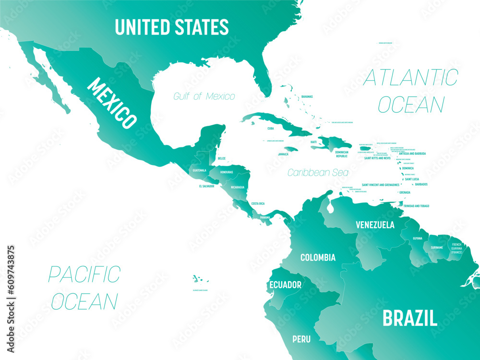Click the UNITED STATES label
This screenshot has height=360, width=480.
(x=171, y=27)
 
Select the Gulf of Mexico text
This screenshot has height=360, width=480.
(x=204, y=96)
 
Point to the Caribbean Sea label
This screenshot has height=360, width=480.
(x=318, y=172)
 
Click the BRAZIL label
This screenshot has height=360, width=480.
(x=409, y=318)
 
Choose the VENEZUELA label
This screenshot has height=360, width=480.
(x=375, y=225)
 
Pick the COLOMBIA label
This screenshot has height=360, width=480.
(x=318, y=258)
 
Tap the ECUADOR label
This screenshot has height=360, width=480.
(x=285, y=285)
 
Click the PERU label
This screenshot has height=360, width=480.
(x=301, y=339)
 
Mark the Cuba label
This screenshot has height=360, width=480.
(x=271, y=129)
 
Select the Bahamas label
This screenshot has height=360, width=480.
(x=307, y=96)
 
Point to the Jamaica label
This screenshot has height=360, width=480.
(x=283, y=155)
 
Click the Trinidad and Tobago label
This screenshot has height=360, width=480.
(x=416, y=206)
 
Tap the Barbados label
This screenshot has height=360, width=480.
(x=421, y=184)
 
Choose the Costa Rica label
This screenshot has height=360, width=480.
(x=258, y=204)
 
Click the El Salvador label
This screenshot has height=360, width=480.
(x=204, y=186)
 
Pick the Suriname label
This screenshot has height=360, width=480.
(x=436, y=248)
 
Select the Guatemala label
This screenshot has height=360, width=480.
(x=199, y=170)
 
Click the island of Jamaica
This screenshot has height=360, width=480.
(x=290, y=149)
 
